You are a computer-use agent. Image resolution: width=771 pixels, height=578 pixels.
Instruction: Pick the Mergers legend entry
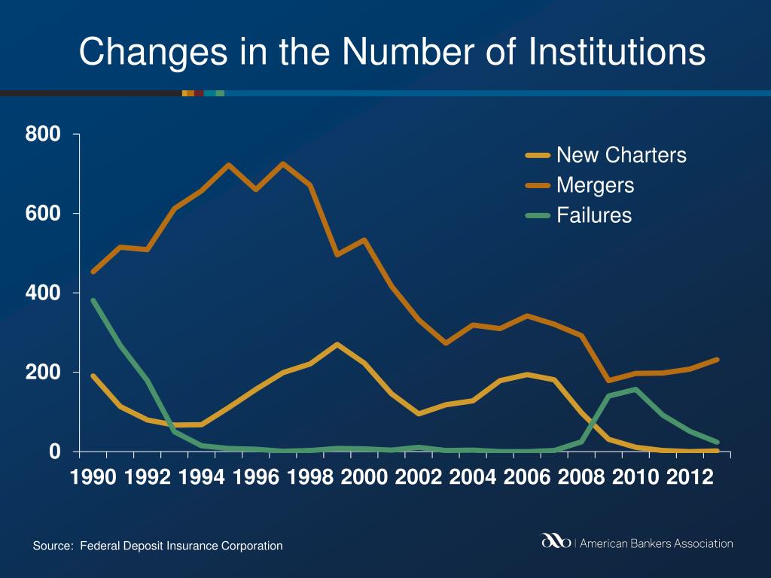(x=595, y=185)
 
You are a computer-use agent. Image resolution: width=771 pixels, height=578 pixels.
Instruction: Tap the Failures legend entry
(x=594, y=215)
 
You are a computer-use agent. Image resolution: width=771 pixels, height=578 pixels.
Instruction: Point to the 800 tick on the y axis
(x=44, y=135)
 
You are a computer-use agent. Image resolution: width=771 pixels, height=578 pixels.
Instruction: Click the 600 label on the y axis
(x=44, y=214)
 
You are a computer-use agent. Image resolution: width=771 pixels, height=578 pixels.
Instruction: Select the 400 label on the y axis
(x=44, y=293)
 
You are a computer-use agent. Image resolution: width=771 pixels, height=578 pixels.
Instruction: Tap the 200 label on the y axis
(x=44, y=372)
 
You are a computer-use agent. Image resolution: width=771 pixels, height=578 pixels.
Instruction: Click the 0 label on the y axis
(x=54, y=452)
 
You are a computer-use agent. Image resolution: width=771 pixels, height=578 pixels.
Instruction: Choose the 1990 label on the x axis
(x=93, y=478)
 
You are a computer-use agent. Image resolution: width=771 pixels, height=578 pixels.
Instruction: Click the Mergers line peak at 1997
(x=283, y=164)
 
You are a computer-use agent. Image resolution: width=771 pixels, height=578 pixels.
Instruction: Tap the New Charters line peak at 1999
(x=337, y=345)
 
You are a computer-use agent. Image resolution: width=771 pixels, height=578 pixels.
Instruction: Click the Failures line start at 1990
(x=93, y=300)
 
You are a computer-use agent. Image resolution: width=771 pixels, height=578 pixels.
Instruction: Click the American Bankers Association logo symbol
(x=556, y=542)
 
